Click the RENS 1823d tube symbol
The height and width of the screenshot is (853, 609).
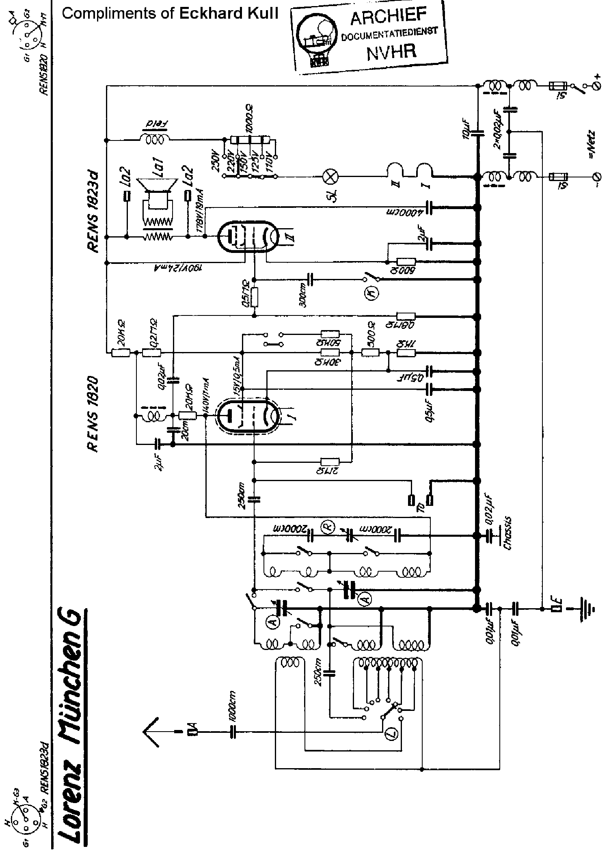pos(247,237)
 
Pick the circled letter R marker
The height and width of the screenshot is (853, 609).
pos(327,527)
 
